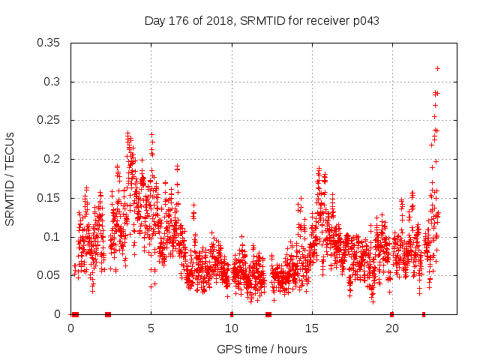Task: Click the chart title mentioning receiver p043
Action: [x=262, y=21]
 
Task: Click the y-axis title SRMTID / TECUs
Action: [x=10, y=178]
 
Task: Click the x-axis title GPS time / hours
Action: [x=262, y=349]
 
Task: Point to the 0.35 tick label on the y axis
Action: [x=49, y=43]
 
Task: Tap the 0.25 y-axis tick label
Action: [x=49, y=120]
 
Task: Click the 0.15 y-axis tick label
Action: [x=49, y=198]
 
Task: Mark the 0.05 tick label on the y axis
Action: [x=49, y=275]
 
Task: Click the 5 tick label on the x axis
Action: [x=151, y=328]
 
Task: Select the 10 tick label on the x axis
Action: [x=231, y=328]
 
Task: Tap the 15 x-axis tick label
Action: [x=311, y=328]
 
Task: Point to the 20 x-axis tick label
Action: [x=391, y=328]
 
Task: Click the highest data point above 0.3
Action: [x=437, y=68]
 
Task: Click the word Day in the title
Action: [x=154, y=21]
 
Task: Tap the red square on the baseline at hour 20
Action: [x=391, y=314]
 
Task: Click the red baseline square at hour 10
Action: [x=231, y=314]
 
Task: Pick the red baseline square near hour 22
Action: [x=424, y=314]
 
